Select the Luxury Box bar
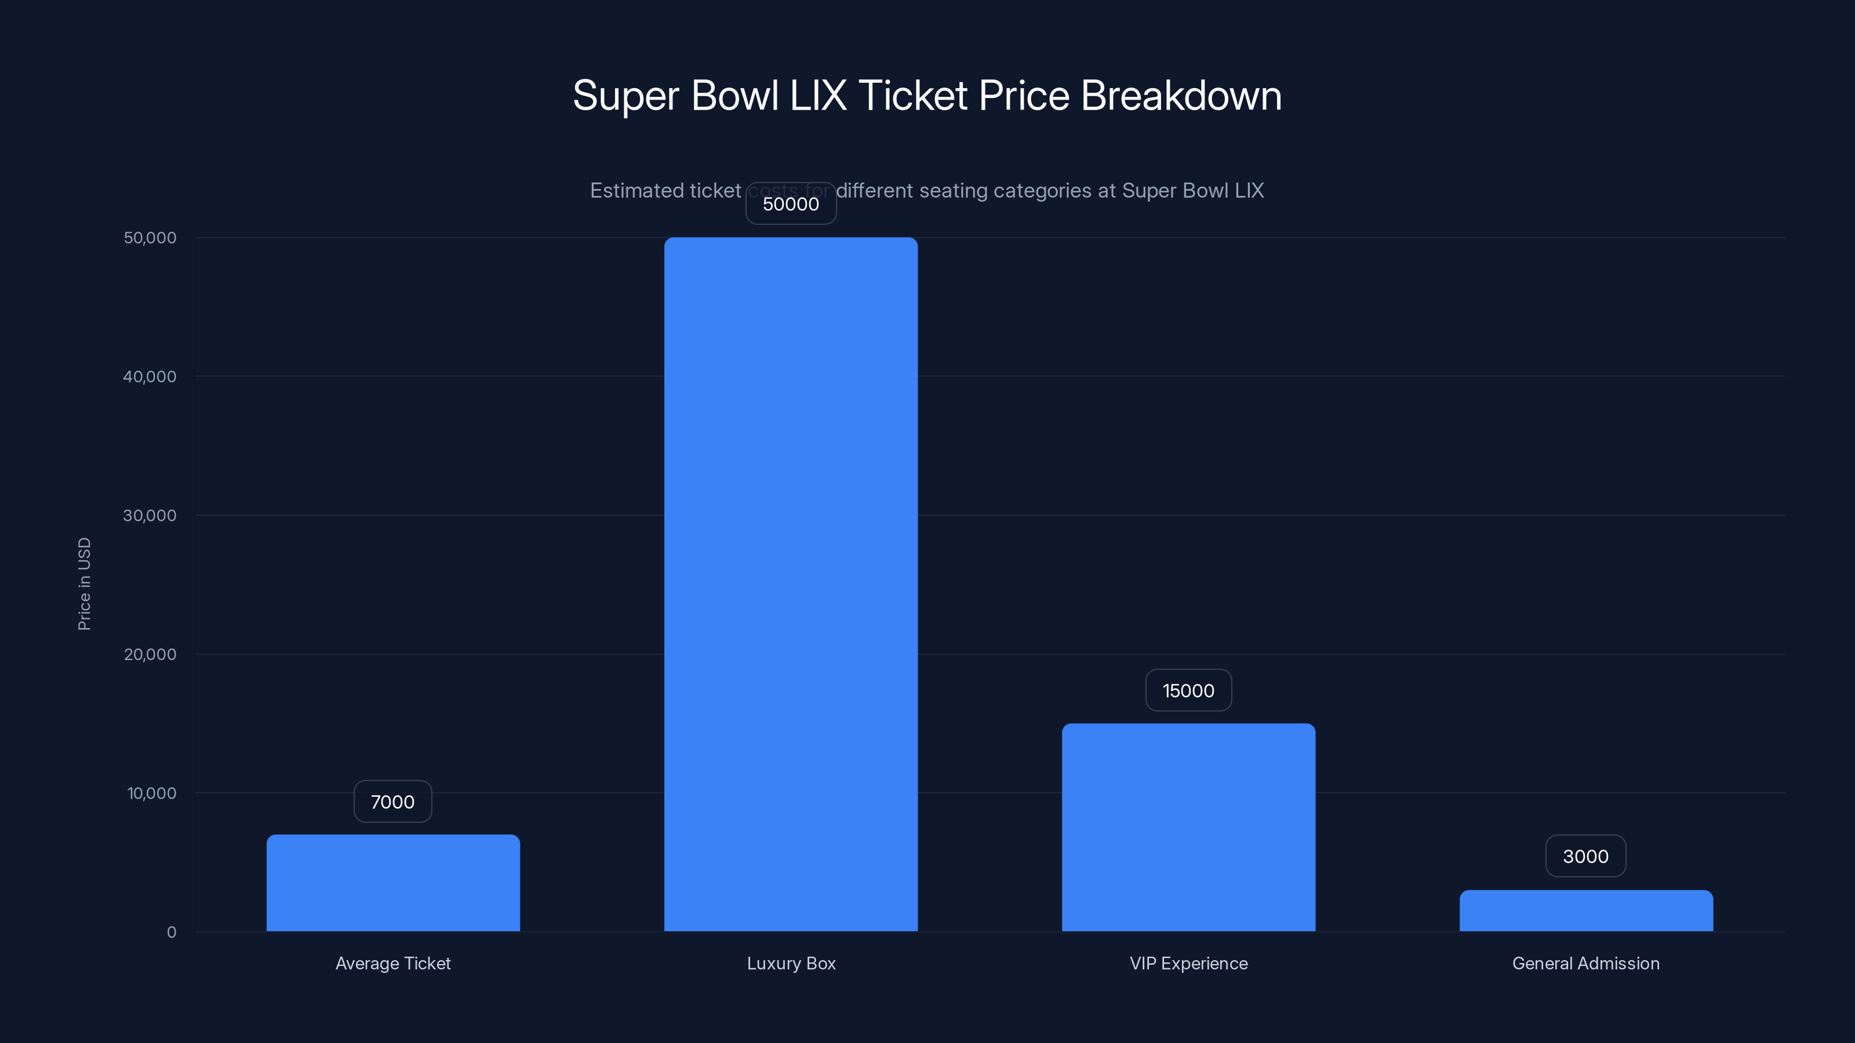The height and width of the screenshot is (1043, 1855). tap(791, 584)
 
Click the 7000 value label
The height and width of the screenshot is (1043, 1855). tap(392, 802)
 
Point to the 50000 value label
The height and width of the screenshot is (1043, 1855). tap(791, 204)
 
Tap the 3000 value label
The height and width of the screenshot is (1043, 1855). tap(1585, 856)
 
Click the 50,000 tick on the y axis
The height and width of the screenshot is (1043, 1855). tap(150, 238)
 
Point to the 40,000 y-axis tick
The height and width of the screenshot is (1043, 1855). tap(150, 377)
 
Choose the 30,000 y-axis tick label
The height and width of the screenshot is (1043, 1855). tap(150, 515)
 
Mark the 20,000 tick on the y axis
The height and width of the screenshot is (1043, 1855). tap(150, 654)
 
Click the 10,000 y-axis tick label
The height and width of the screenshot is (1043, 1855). tap(151, 793)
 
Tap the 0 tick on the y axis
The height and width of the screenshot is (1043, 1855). tap(172, 932)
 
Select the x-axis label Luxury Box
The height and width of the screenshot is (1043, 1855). tap(791, 963)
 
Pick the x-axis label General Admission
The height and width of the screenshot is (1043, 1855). tap(1585, 963)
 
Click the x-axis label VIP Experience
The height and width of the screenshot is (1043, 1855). tap(1188, 963)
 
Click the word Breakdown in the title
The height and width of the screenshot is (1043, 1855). tap(1181, 96)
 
